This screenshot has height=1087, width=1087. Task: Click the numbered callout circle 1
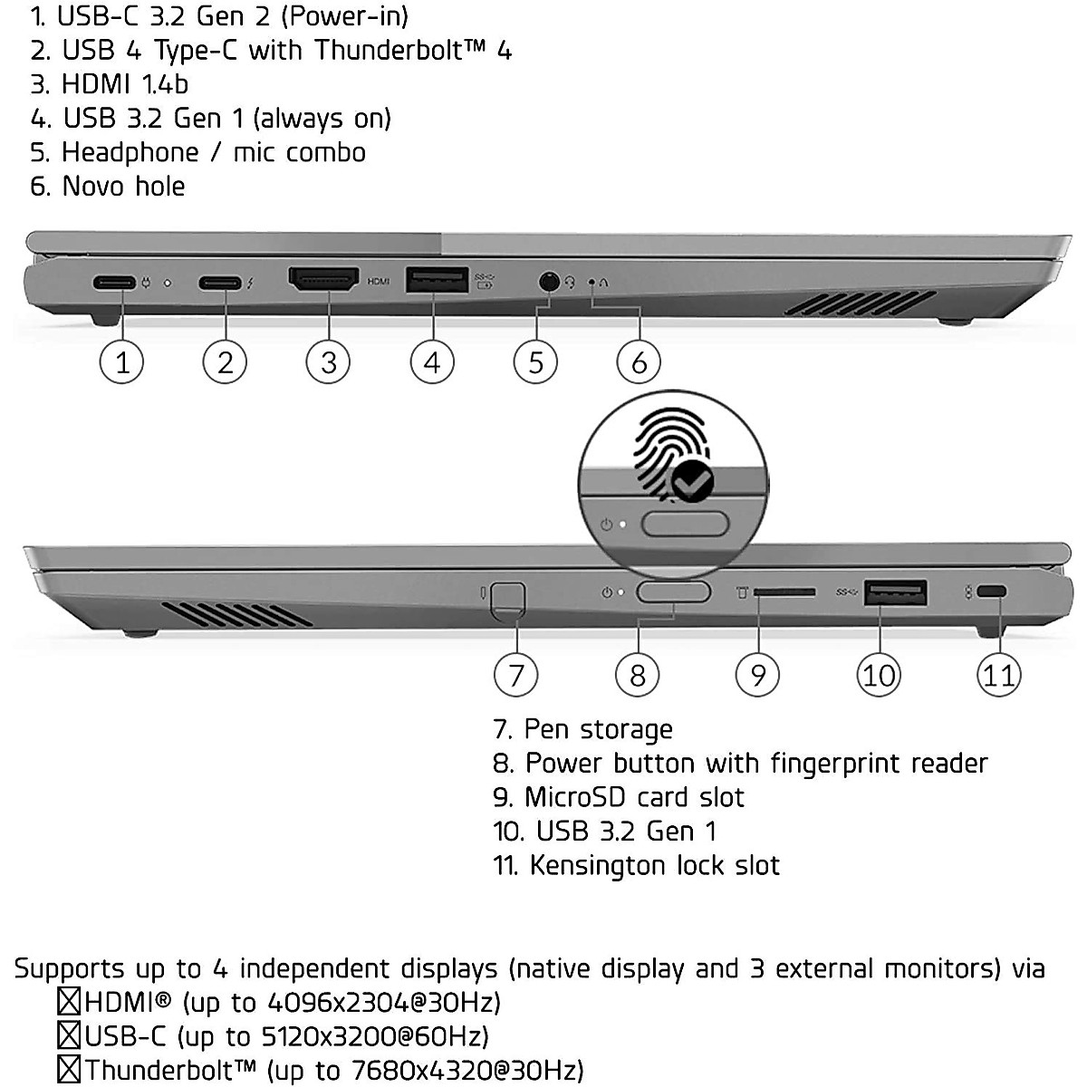121,362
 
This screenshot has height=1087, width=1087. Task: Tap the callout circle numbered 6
639,362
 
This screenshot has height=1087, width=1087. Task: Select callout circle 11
998,675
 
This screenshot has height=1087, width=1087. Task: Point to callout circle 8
638,675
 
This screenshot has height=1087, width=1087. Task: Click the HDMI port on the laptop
323,280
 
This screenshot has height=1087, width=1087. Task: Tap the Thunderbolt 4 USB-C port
220,283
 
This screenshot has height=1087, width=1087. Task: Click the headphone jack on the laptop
548,282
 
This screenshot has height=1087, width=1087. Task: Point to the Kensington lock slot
993,592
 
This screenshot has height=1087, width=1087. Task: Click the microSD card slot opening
784,592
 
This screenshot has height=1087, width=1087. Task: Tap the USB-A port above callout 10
896,592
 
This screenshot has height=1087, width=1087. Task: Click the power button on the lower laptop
673,592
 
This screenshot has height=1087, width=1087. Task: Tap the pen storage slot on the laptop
506,597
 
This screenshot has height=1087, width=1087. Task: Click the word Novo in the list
95,187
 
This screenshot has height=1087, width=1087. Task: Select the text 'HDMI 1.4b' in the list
124,84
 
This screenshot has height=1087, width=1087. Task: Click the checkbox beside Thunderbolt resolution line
69,1070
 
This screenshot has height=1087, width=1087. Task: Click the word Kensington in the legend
600,865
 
